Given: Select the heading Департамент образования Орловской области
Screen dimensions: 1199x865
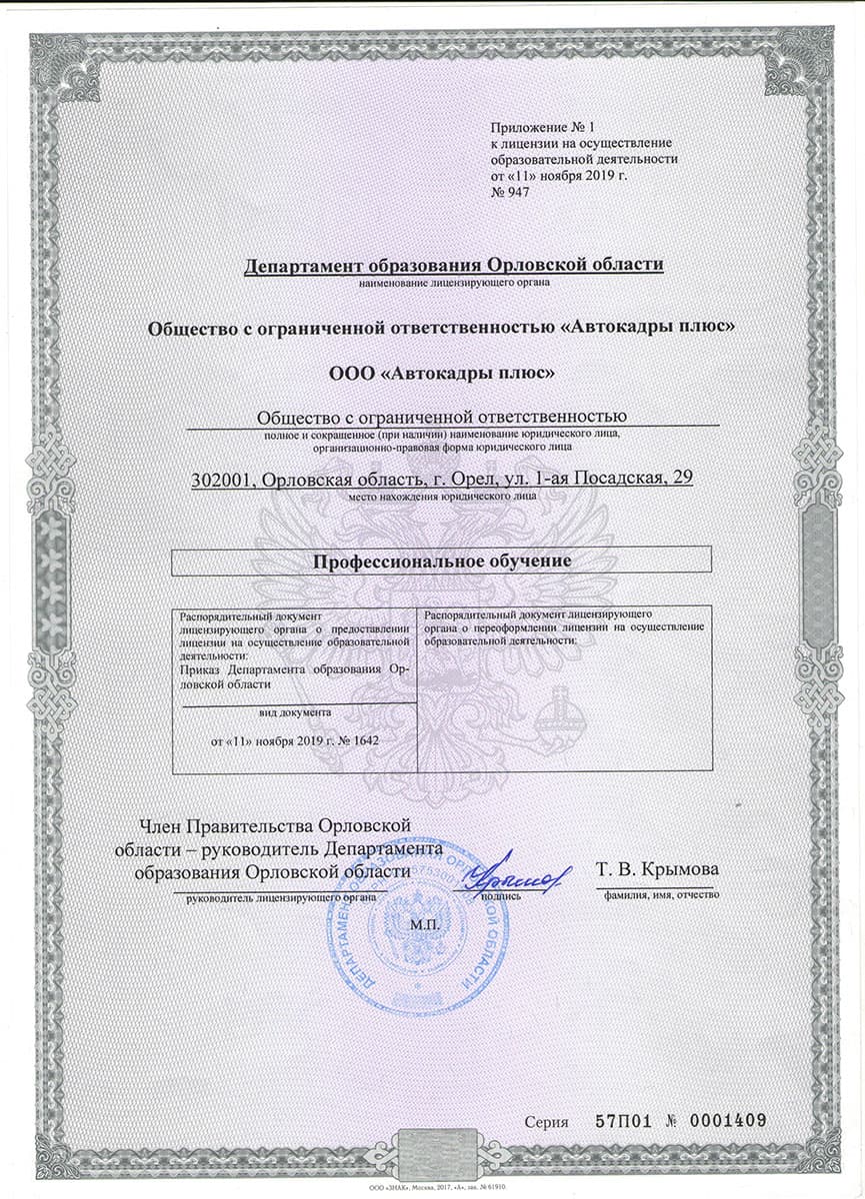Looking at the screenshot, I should click(454, 265).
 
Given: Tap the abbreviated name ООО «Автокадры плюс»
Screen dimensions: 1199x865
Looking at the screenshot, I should click(442, 373).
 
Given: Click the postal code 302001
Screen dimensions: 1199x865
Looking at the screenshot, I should click(221, 480).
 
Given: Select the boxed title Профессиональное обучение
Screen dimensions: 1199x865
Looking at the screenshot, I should click(442, 562).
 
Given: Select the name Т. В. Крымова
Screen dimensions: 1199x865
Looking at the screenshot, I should click(657, 868).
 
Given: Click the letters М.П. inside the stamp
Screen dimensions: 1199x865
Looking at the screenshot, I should click(425, 924).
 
